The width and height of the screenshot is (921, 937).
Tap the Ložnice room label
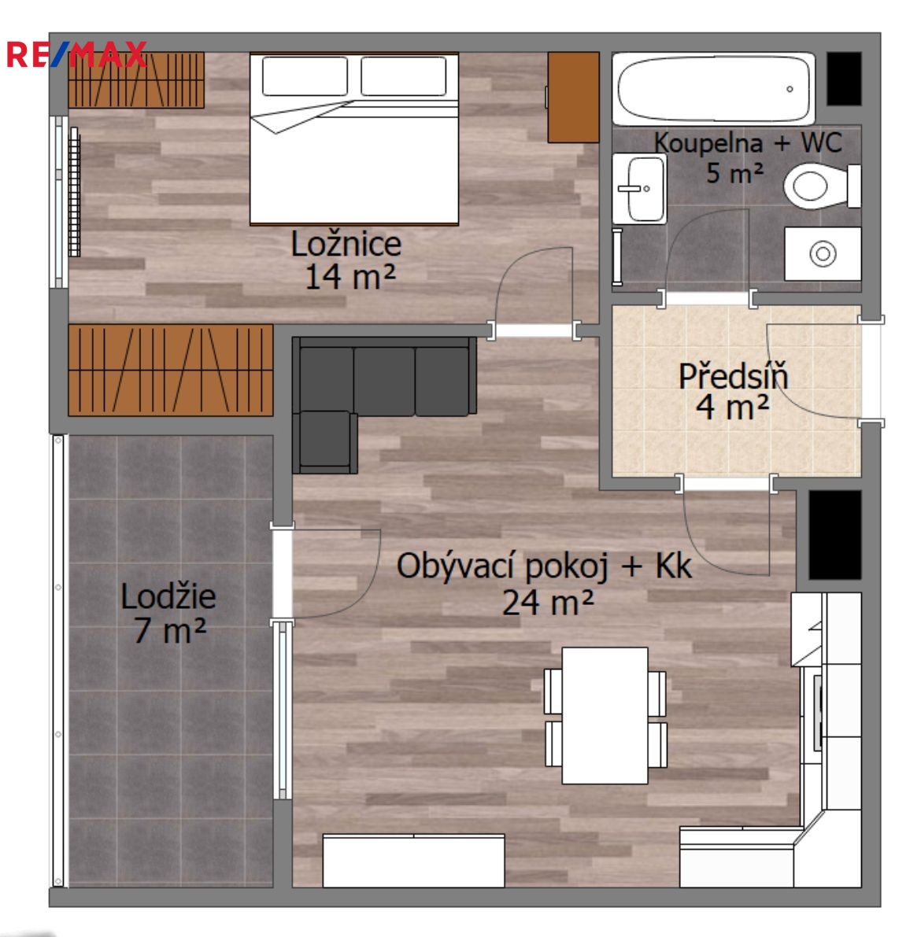coord(346,244)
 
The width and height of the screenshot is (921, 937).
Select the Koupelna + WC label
coord(748,143)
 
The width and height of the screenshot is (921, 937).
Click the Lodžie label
coord(168,596)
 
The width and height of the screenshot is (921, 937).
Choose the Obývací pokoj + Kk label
coord(544,566)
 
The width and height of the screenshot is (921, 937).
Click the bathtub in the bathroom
coord(713,89)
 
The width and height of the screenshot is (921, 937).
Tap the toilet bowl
coord(822,186)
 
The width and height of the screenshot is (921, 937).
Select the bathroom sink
coord(639,189)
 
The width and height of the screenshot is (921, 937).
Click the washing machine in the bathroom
coord(823,253)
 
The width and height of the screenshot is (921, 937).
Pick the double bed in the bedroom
coord(354,139)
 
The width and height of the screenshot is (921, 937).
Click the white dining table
coord(605,715)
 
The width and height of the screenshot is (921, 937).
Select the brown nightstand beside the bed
coord(574,98)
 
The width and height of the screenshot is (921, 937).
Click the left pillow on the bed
coord(305,76)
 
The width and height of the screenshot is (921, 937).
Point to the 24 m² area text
coord(548,603)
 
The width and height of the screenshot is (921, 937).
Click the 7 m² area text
coord(170,630)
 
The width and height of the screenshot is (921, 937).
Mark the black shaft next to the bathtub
coord(844,79)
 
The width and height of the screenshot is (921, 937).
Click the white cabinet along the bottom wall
coord(413,861)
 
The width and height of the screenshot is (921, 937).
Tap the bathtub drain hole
coord(790,89)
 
